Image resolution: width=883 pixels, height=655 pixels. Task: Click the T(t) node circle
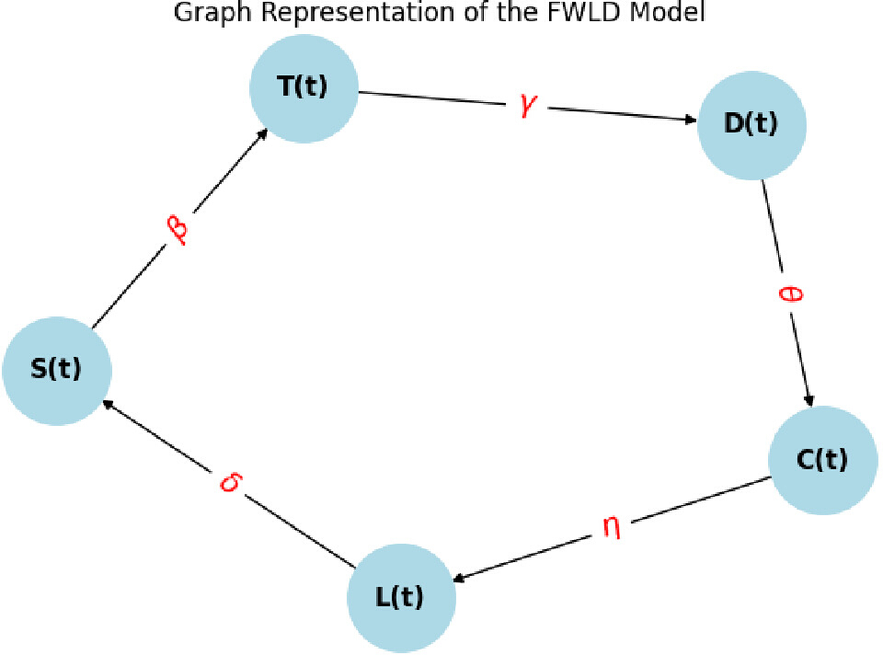(x=304, y=88)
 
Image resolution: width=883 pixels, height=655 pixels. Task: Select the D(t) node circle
(x=751, y=125)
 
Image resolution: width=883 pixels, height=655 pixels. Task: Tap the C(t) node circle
(x=822, y=460)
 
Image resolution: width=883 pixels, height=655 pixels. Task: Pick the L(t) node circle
(x=402, y=598)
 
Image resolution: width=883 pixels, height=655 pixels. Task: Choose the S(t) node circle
(x=57, y=371)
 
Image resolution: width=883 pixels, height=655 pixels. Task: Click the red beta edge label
(x=178, y=229)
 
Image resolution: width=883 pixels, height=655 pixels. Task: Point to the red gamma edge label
(x=528, y=105)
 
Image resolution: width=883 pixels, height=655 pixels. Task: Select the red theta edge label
(x=789, y=293)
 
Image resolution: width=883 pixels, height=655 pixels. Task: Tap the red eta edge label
(x=613, y=527)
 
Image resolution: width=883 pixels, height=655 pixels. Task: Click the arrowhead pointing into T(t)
(x=262, y=133)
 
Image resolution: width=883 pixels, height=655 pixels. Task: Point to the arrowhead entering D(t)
(x=690, y=120)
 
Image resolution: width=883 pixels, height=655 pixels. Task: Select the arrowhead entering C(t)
(x=809, y=399)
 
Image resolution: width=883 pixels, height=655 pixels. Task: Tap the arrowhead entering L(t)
(x=460, y=578)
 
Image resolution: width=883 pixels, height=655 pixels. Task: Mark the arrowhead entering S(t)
(x=108, y=405)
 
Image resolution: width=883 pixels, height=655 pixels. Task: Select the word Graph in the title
(x=213, y=13)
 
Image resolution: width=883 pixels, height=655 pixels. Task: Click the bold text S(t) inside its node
(x=56, y=369)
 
